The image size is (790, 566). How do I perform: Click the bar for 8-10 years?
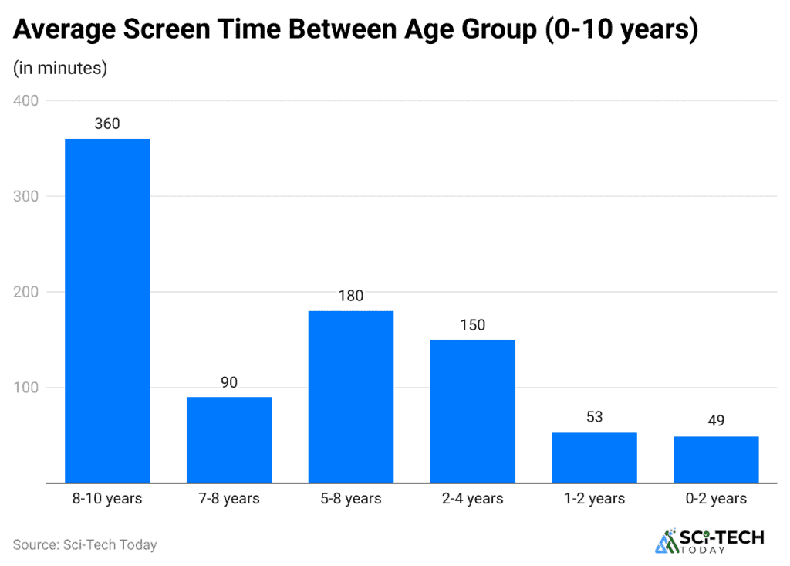point(107,310)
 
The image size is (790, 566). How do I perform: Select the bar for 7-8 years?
point(229,439)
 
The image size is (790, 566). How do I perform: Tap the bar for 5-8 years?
point(351,397)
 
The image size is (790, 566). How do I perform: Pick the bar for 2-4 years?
point(473,411)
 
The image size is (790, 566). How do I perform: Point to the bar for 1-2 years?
point(594,457)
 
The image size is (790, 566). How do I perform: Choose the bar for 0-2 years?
point(716,459)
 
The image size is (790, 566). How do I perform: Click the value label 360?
point(107,124)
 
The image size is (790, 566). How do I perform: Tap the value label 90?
point(229,381)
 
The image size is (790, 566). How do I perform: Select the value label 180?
point(351,296)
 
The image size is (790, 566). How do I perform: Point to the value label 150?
point(473,324)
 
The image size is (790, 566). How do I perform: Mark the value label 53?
point(594,417)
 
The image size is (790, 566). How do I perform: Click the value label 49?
point(716,421)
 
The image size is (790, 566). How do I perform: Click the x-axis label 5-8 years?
point(351,499)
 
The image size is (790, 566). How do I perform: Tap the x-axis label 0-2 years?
point(716,499)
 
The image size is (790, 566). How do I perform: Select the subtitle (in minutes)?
point(60,68)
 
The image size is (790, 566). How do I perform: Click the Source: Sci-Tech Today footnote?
point(85,544)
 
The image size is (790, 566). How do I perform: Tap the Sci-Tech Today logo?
point(709,541)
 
